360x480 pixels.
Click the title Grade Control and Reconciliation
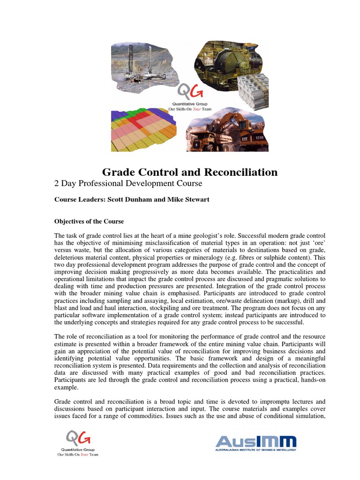pos(190,172)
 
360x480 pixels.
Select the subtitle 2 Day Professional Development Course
pos(128,183)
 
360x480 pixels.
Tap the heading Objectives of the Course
pos(89,221)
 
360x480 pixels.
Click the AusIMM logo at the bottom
pos(255,443)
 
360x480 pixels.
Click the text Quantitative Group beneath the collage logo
pos(189,104)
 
